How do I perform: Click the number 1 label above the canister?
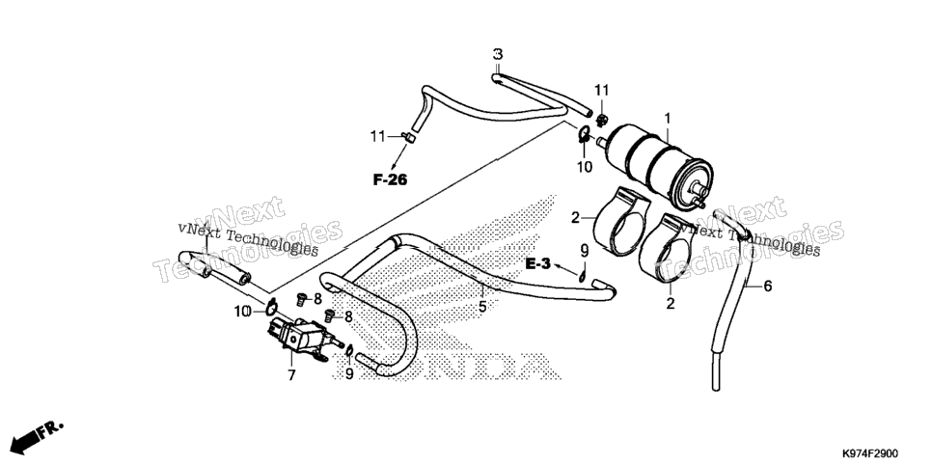[x=668, y=119]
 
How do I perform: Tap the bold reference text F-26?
[x=391, y=179]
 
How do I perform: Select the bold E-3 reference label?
[x=538, y=262]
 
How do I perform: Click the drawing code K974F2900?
[x=869, y=453]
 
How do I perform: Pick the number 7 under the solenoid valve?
[x=291, y=375]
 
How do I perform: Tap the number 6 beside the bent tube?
[x=768, y=286]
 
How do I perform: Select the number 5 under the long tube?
[x=482, y=307]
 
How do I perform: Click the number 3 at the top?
[x=498, y=54]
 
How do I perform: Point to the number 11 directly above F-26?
[x=378, y=137]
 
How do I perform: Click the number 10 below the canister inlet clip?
[x=585, y=167]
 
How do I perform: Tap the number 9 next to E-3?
[x=584, y=250]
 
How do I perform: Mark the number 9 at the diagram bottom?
[x=349, y=373]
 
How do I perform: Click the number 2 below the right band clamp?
[x=671, y=304]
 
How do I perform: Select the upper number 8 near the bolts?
[x=318, y=299]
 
